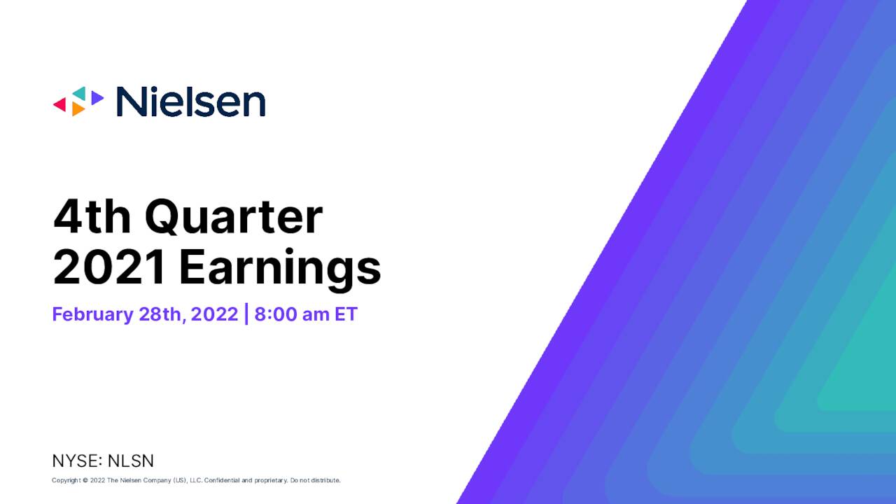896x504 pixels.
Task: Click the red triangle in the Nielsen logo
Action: tap(61, 104)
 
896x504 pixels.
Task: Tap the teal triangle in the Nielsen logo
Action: tap(80, 93)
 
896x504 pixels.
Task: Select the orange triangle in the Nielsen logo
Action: tap(78, 108)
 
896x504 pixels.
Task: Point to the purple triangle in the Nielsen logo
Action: tap(97, 97)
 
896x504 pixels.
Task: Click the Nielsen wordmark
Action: tap(191, 101)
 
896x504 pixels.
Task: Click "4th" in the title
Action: tap(92, 216)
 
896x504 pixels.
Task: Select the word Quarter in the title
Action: tap(234, 217)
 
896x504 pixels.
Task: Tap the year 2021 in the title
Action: tap(108, 267)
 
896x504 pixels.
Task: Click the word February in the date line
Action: tap(93, 314)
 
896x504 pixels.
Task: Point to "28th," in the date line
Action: tap(162, 314)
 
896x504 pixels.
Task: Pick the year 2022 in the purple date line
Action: tap(214, 314)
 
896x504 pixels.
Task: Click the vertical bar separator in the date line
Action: tap(246, 314)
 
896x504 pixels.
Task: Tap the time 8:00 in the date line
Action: tap(276, 314)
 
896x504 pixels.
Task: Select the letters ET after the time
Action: tap(346, 314)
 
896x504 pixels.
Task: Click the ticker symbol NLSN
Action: tap(131, 461)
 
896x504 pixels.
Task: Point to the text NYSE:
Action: tap(78, 461)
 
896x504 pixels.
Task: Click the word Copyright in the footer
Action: tap(66, 480)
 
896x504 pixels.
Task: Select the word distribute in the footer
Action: tap(326, 480)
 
